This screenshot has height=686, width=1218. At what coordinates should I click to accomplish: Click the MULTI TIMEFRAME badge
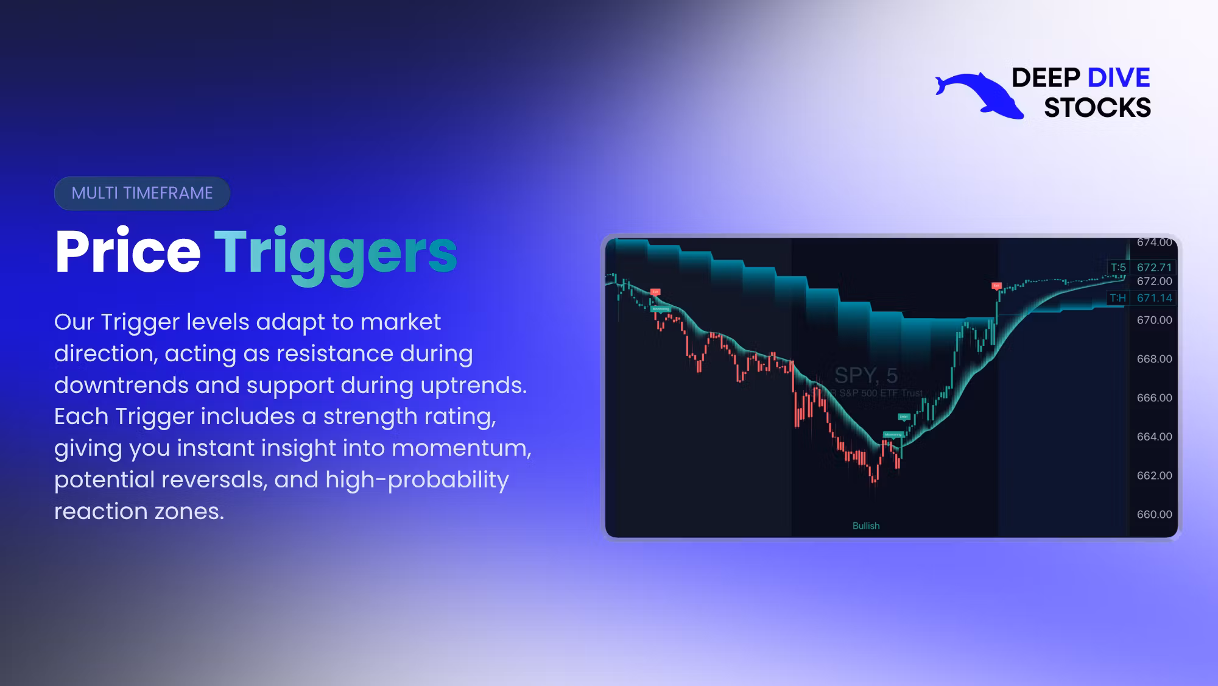(142, 193)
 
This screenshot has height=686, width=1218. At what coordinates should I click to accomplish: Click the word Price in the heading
(127, 252)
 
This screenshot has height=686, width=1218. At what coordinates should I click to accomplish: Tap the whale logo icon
(980, 95)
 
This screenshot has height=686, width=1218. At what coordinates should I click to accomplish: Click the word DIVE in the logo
(1118, 78)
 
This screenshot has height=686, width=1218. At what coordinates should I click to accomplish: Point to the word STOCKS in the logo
(1097, 108)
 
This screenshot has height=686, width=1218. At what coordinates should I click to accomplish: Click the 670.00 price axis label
(1154, 320)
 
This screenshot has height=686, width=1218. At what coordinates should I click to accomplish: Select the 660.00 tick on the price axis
(1154, 514)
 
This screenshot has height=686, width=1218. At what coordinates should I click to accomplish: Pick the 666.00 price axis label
(1154, 398)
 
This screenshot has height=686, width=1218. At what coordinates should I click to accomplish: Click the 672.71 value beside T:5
(1154, 267)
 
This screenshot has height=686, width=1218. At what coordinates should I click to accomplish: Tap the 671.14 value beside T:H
(1154, 298)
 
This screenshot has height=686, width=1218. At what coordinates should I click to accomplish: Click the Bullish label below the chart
(865, 526)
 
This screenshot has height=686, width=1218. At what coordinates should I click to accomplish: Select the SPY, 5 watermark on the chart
(865, 375)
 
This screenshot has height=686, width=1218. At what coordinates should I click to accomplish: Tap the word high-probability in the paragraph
(417, 480)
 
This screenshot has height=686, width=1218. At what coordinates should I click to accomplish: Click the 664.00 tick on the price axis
(1154, 437)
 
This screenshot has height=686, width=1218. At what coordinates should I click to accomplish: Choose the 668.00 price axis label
(1154, 359)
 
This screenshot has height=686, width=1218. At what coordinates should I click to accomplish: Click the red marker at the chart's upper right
(996, 285)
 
